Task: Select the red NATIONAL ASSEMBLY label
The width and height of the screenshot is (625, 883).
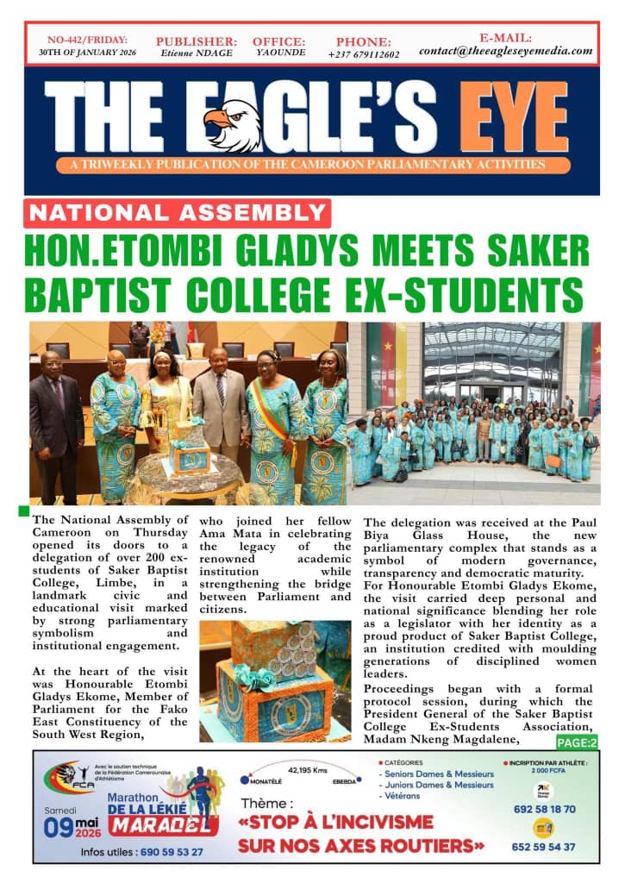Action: click(177, 212)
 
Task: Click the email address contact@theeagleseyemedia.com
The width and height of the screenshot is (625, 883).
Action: click(506, 51)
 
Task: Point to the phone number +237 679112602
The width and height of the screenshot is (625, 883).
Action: click(363, 54)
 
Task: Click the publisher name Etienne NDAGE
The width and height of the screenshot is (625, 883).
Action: click(196, 53)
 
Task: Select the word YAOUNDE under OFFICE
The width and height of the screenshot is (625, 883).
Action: click(278, 53)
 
